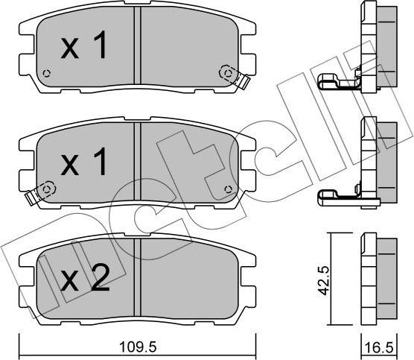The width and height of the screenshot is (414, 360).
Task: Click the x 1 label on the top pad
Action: pyautogui.click(x=84, y=48)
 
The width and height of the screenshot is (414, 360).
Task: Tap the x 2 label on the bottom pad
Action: pyautogui.click(x=84, y=280)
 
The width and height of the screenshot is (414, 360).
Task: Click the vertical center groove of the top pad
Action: pyautogui.click(x=138, y=48)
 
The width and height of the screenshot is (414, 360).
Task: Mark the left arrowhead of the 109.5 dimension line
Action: pyautogui.click(x=21, y=335)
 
